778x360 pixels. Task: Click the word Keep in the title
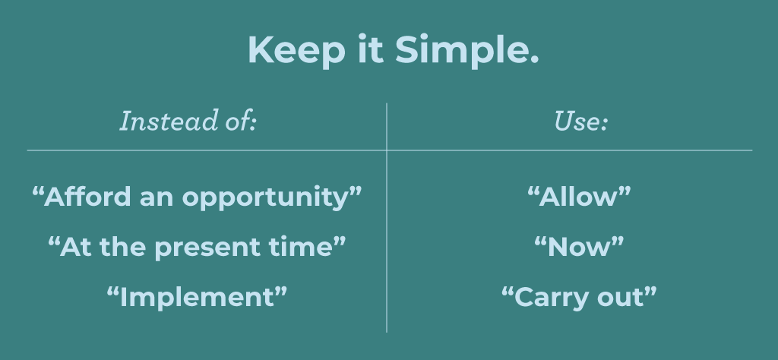296,50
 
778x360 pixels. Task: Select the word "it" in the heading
371,49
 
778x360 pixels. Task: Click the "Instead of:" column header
188,122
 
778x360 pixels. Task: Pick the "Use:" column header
580,122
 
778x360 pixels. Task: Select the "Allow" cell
579,197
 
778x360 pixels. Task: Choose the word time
307,246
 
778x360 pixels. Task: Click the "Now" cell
579,247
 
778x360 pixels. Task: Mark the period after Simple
534,60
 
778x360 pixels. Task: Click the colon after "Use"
604,124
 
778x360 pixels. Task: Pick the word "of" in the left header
237,122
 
